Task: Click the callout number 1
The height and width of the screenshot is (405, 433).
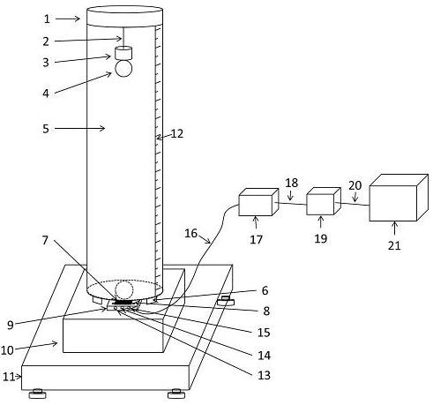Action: pos(47,19)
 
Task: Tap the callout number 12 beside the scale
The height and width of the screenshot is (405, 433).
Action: pos(177,134)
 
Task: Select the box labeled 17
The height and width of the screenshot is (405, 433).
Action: pos(258,202)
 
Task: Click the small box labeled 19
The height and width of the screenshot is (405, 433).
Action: pos(324,201)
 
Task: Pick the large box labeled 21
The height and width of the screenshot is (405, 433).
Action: pos(399,198)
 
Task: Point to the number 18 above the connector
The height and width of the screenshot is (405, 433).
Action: pos(292,183)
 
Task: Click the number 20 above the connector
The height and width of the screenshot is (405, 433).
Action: pos(355,185)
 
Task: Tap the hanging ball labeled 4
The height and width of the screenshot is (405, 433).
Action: pos(123,68)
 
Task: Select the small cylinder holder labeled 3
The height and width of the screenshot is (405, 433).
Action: pos(123,53)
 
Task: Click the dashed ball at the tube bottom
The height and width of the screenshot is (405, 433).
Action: pos(123,289)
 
